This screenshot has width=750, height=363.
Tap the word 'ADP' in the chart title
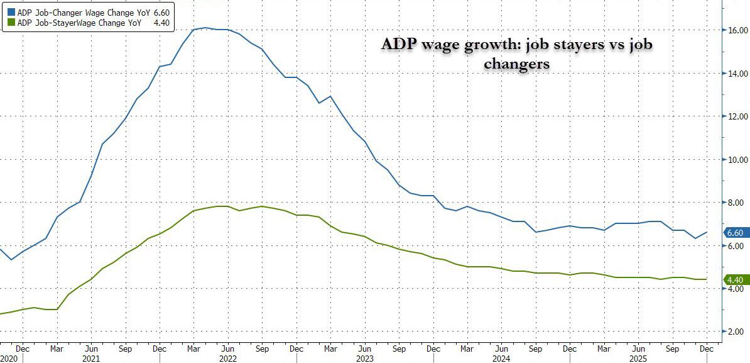click(x=399, y=46)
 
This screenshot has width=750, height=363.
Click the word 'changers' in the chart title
click(x=523, y=65)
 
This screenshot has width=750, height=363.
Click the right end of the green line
click(x=707, y=279)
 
